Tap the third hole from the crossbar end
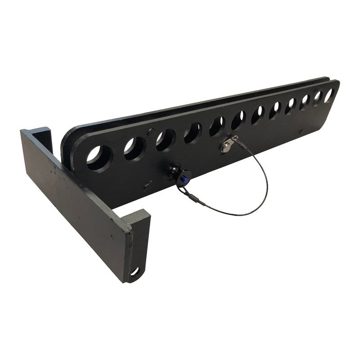coord(165,140)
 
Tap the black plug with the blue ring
coord(174,173)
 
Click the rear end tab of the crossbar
coord(43,135)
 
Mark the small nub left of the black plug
coord(145,185)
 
